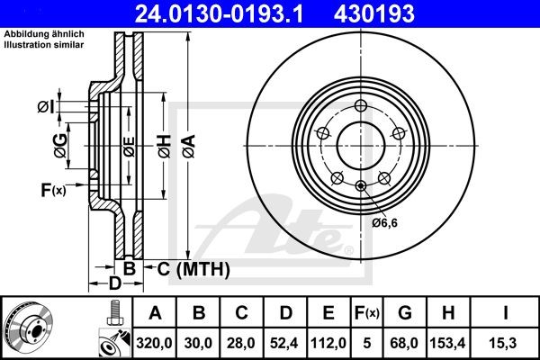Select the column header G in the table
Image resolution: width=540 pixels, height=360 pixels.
click(x=404, y=313)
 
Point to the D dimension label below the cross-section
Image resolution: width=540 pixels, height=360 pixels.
click(x=115, y=284)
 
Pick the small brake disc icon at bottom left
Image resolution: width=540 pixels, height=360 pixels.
click(x=31, y=328)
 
